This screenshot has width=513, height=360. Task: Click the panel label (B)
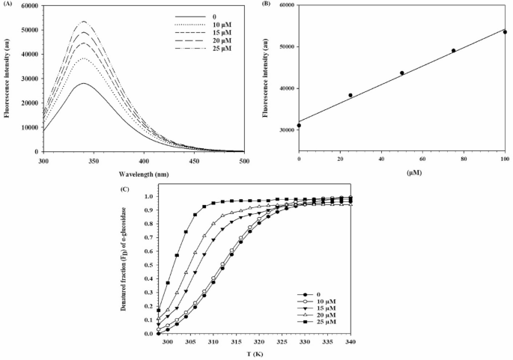[267, 4]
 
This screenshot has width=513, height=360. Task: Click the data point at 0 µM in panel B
[299, 126]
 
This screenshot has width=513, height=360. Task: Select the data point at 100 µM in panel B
[505, 32]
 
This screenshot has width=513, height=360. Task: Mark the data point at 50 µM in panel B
[402, 73]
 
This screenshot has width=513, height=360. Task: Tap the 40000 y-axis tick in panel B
[283, 88]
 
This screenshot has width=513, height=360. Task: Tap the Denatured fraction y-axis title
[132, 264]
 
